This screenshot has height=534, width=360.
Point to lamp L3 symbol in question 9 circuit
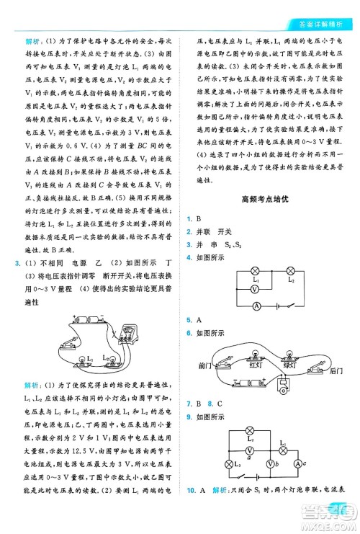[231, 464]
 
